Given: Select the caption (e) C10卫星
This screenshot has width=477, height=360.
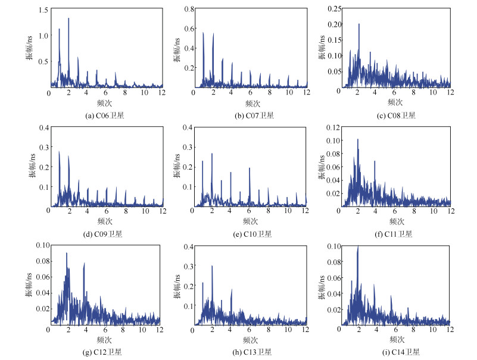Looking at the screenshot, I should click(x=250, y=234).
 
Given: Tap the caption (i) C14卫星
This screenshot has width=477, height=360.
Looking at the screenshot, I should click(x=394, y=352).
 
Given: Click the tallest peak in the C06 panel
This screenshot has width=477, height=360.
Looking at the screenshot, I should click(x=68, y=18).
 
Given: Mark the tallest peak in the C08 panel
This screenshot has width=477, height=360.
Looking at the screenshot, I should click(x=358, y=24).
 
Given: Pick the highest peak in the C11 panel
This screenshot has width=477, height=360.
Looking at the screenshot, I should click(x=358, y=140).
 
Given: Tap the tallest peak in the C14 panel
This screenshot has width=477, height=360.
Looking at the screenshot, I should click(x=358, y=246).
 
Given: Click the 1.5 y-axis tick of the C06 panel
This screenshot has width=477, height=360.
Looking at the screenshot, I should click(x=42, y=11).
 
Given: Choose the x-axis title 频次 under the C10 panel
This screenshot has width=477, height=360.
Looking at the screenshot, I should click(x=250, y=221).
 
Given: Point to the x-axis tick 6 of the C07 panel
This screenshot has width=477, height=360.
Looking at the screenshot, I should click(x=250, y=93).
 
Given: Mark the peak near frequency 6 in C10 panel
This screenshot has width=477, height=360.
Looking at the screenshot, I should click(x=250, y=168).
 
